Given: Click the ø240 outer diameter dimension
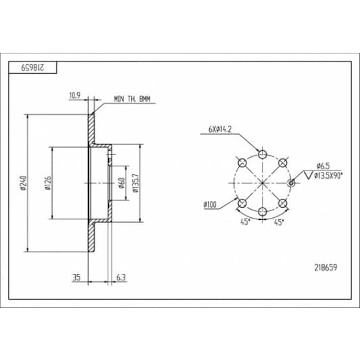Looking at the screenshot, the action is (x=24, y=183).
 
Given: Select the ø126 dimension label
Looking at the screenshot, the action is (x=48, y=183).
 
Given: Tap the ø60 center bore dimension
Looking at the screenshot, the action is (x=122, y=183).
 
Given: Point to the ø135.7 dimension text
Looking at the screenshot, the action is (x=136, y=183).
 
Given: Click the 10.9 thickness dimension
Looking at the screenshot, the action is (x=75, y=95).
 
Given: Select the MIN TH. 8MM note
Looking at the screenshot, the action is (x=132, y=99).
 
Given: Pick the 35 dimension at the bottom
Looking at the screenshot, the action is (x=76, y=277).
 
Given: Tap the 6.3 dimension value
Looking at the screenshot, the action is (x=121, y=277).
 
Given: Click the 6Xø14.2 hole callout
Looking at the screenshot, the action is (x=220, y=129).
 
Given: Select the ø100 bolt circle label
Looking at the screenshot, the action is (x=210, y=204).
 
